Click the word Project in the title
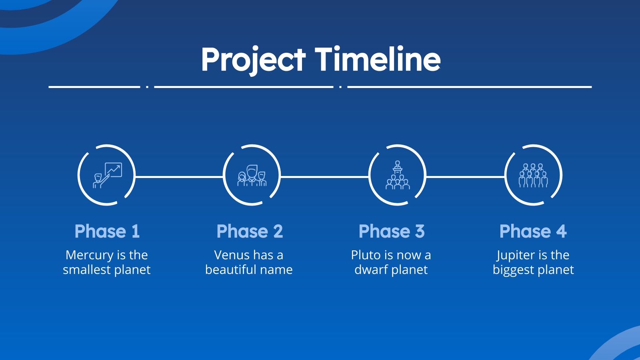[x=254, y=60]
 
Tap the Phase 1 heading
[x=107, y=231]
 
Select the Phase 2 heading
[x=250, y=231]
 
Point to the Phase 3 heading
[x=392, y=231]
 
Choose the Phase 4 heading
[x=533, y=231]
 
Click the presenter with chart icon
[x=108, y=176]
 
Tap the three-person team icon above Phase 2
[x=252, y=176]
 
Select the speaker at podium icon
[x=398, y=175]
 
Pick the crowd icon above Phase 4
[x=533, y=176]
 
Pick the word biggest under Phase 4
[x=512, y=270]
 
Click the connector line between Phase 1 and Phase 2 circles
[x=179, y=177]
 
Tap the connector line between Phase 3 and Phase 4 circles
[x=466, y=177]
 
